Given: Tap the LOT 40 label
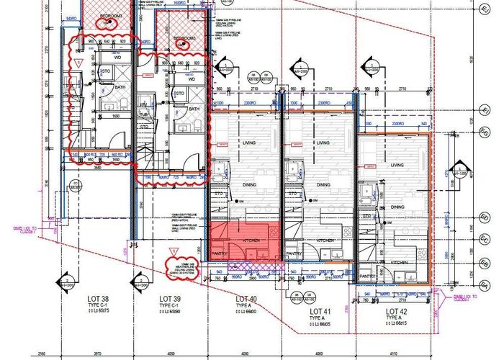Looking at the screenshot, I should (246, 298).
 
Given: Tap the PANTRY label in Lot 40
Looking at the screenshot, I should (220, 253).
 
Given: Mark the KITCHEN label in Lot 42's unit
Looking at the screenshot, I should (399, 262).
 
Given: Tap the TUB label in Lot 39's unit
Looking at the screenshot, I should (144, 114).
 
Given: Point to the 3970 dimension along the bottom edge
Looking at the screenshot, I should (98, 354).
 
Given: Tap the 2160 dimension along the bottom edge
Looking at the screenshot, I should (42, 354).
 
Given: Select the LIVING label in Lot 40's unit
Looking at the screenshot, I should (251, 143).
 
